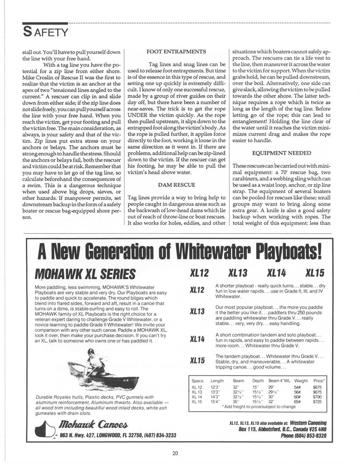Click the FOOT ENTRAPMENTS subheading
point(176,52)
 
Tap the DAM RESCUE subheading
point(176,185)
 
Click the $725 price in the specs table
point(317,402)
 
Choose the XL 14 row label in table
point(197,397)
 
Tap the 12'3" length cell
point(215,387)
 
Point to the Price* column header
point(318,381)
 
